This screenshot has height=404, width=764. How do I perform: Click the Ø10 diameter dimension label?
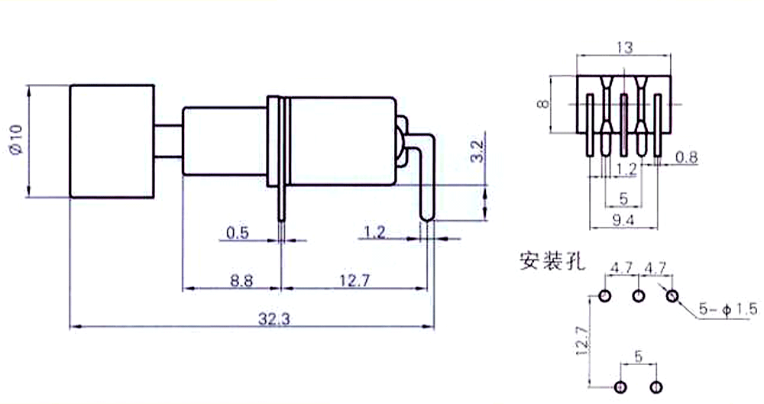click(16, 140)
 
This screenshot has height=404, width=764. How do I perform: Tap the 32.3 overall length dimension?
click(274, 319)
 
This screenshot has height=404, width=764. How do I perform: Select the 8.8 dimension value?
click(241, 281)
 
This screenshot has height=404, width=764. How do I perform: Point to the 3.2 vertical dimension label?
click(478, 151)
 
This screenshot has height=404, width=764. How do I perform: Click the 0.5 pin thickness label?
click(238, 233)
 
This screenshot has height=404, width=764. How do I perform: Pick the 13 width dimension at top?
click(624, 48)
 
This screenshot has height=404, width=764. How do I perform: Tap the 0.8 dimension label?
click(687, 157)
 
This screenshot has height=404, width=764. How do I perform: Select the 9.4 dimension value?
click(623, 220)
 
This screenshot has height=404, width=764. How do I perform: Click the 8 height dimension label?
click(543, 104)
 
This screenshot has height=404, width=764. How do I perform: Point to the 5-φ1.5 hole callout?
click(728, 309)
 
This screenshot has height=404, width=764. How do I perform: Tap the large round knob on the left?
click(112, 141)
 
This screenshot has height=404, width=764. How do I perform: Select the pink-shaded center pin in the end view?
click(623, 124)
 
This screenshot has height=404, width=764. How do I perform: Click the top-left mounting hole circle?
click(604, 296)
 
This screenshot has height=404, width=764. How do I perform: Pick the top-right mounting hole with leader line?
click(672, 296)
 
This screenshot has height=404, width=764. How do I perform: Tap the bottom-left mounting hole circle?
click(620, 387)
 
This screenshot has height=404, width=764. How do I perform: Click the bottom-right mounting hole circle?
click(656, 387)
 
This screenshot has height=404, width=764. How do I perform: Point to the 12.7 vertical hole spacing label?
click(583, 340)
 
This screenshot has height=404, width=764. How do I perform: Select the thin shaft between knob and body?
click(169, 141)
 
